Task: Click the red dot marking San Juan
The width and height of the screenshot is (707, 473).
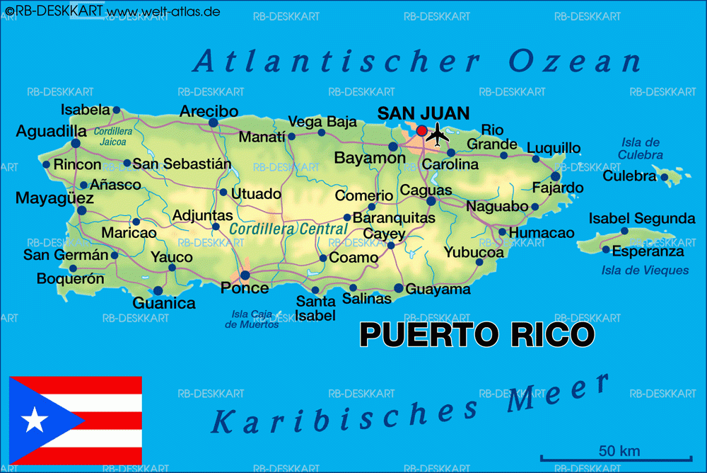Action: coord(422,131)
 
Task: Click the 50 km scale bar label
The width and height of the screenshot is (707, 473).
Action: coord(619,450)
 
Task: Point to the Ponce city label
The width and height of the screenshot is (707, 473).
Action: coord(245,288)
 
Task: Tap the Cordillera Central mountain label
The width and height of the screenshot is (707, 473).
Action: coord(288,229)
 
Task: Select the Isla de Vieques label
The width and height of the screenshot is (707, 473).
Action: coord(645,270)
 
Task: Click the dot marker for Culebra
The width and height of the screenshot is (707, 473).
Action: coord(665,177)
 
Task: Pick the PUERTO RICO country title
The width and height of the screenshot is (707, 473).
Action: coord(477,335)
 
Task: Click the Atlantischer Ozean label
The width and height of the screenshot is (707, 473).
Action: coord(417,62)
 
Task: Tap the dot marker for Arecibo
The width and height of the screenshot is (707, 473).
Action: coord(213,122)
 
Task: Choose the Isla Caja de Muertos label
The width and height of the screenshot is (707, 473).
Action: coord(252,319)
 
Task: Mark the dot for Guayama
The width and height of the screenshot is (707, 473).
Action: coord(399,288)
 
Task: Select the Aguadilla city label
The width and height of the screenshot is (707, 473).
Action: coord(52,131)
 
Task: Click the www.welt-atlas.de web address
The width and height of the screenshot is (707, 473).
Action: coord(163,12)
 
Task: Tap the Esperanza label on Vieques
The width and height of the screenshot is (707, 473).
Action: coord(648,251)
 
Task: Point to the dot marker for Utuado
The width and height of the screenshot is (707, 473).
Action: coord(223,192)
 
